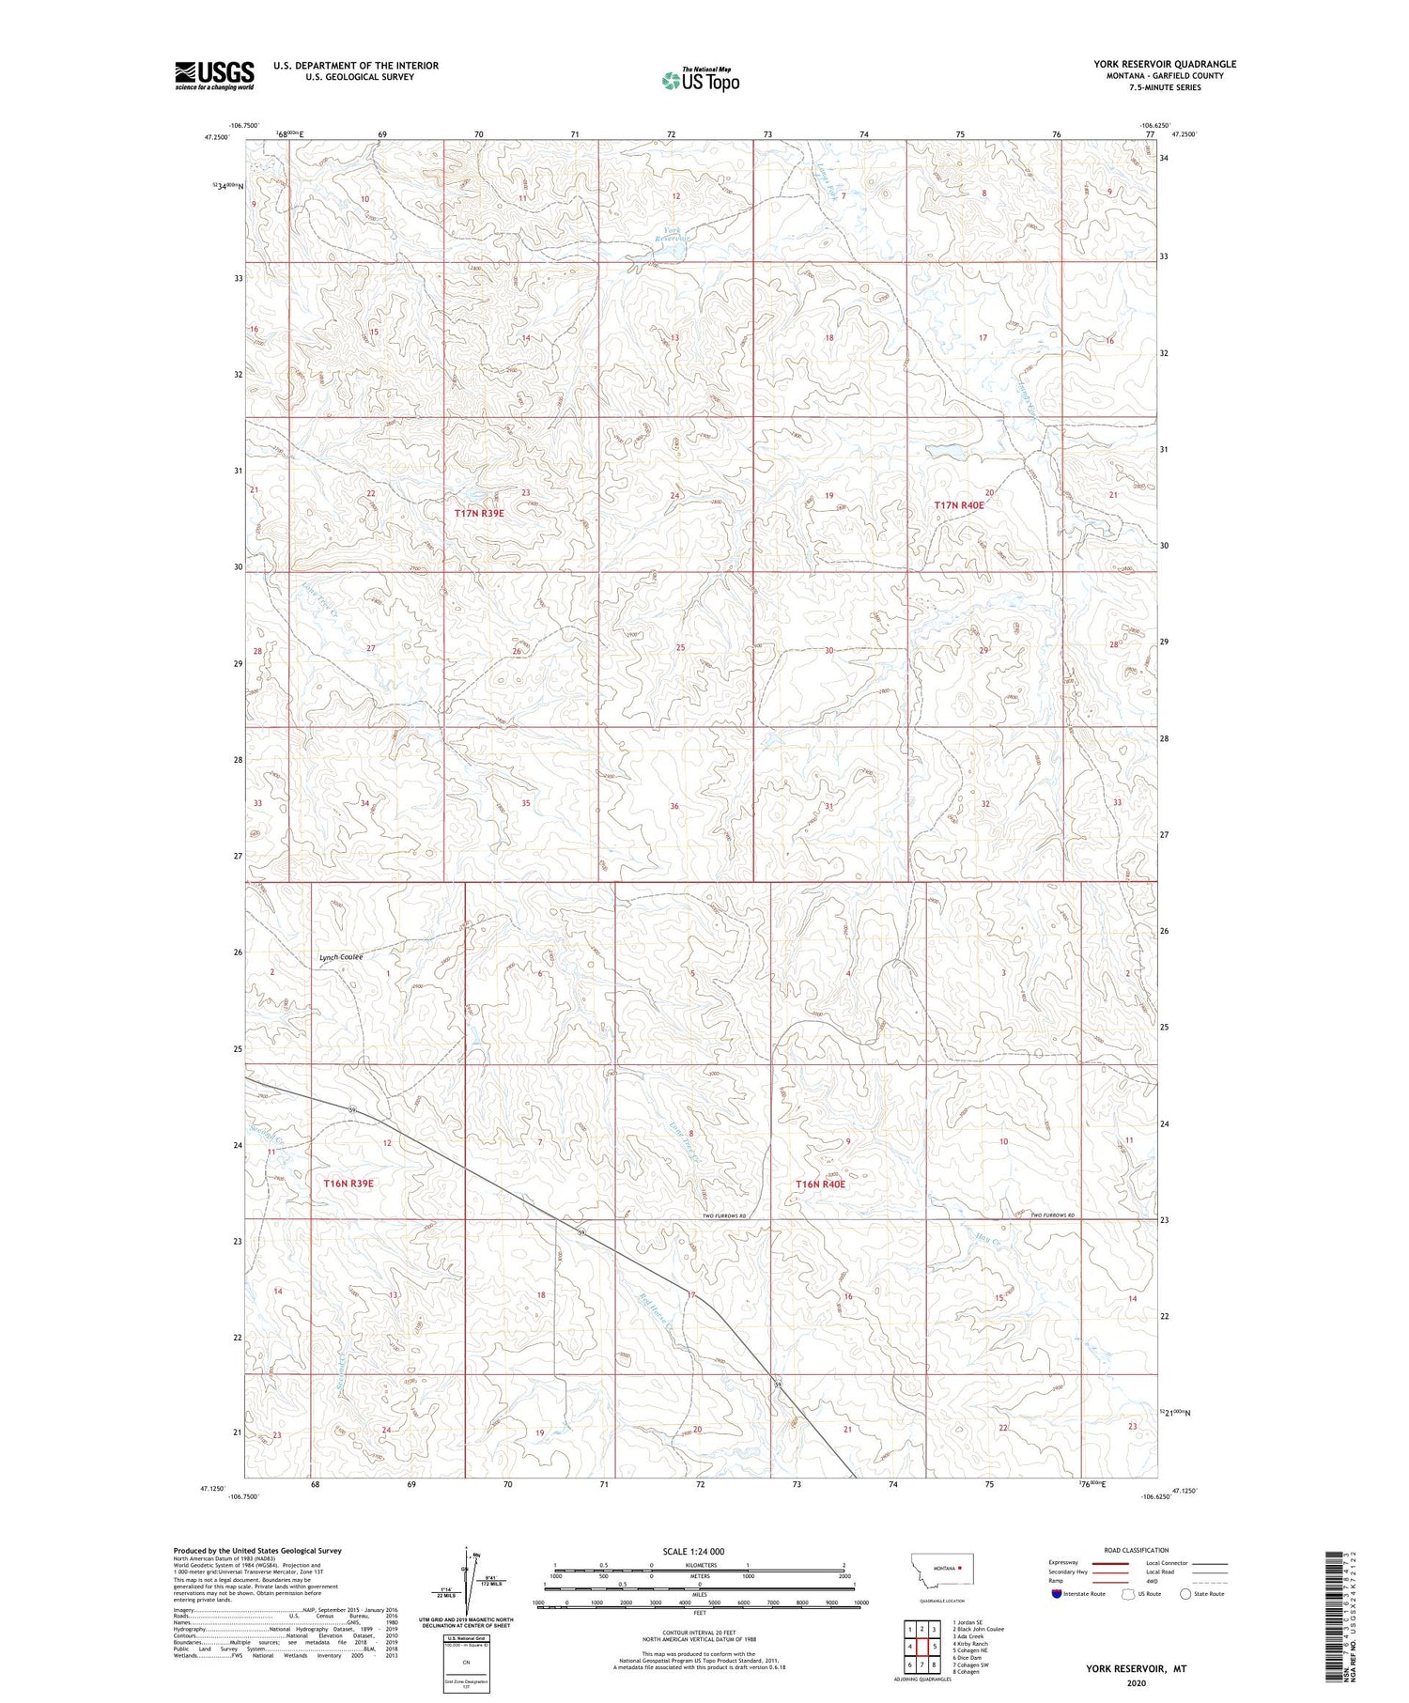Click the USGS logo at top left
click(x=214, y=75)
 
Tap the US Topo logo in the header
click(x=700, y=81)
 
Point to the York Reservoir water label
click(x=673, y=234)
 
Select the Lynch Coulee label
click(x=341, y=957)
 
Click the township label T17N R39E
click(x=479, y=514)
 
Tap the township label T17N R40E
click(x=959, y=505)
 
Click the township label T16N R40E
click(x=820, y=1184)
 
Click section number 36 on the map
click(x=674, y=806)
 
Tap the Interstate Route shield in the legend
click(x=1057, y=1594)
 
